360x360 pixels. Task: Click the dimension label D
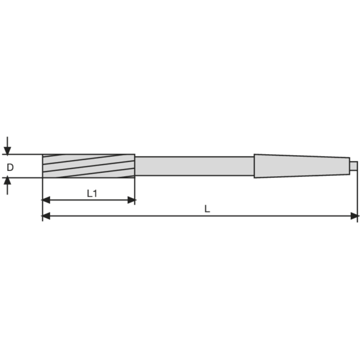10,167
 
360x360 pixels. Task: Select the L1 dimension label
92,193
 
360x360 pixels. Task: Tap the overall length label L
207,209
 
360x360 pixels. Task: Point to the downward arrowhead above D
7,150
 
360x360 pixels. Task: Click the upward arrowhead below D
7,181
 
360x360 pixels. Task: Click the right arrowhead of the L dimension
355,216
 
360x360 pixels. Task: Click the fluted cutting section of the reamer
88,166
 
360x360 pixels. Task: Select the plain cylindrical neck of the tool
194,166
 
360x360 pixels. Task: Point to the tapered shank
301,166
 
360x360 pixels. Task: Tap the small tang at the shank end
354,166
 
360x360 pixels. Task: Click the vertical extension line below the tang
358,193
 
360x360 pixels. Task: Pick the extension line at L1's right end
135,189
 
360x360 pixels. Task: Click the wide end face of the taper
254,166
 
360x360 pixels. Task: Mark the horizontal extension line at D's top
22,154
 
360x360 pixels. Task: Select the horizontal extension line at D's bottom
22,177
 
